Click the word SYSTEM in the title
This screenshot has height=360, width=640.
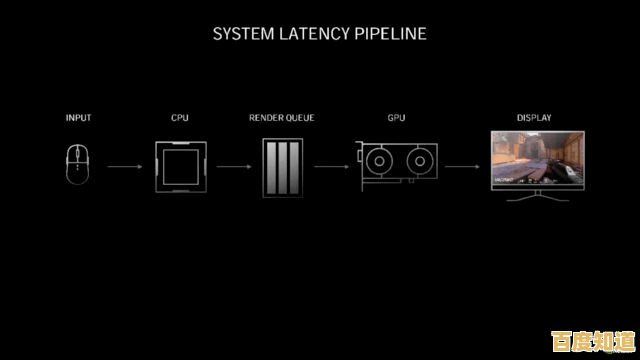243,34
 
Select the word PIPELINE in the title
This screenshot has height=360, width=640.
391,34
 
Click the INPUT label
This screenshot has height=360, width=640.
78,118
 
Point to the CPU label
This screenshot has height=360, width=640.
180,118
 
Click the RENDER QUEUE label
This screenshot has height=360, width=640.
282,118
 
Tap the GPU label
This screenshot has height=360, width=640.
396,118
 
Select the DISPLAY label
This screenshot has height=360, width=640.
534,118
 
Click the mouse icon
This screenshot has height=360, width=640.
78,164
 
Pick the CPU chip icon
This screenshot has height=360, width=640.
180,165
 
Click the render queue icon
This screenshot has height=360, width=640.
282,165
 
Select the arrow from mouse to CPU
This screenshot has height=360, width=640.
125,166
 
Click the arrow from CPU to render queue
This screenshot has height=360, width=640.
233,166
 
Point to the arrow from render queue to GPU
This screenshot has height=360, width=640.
331,166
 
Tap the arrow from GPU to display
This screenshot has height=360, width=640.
461,166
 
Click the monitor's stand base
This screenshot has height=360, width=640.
537,197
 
